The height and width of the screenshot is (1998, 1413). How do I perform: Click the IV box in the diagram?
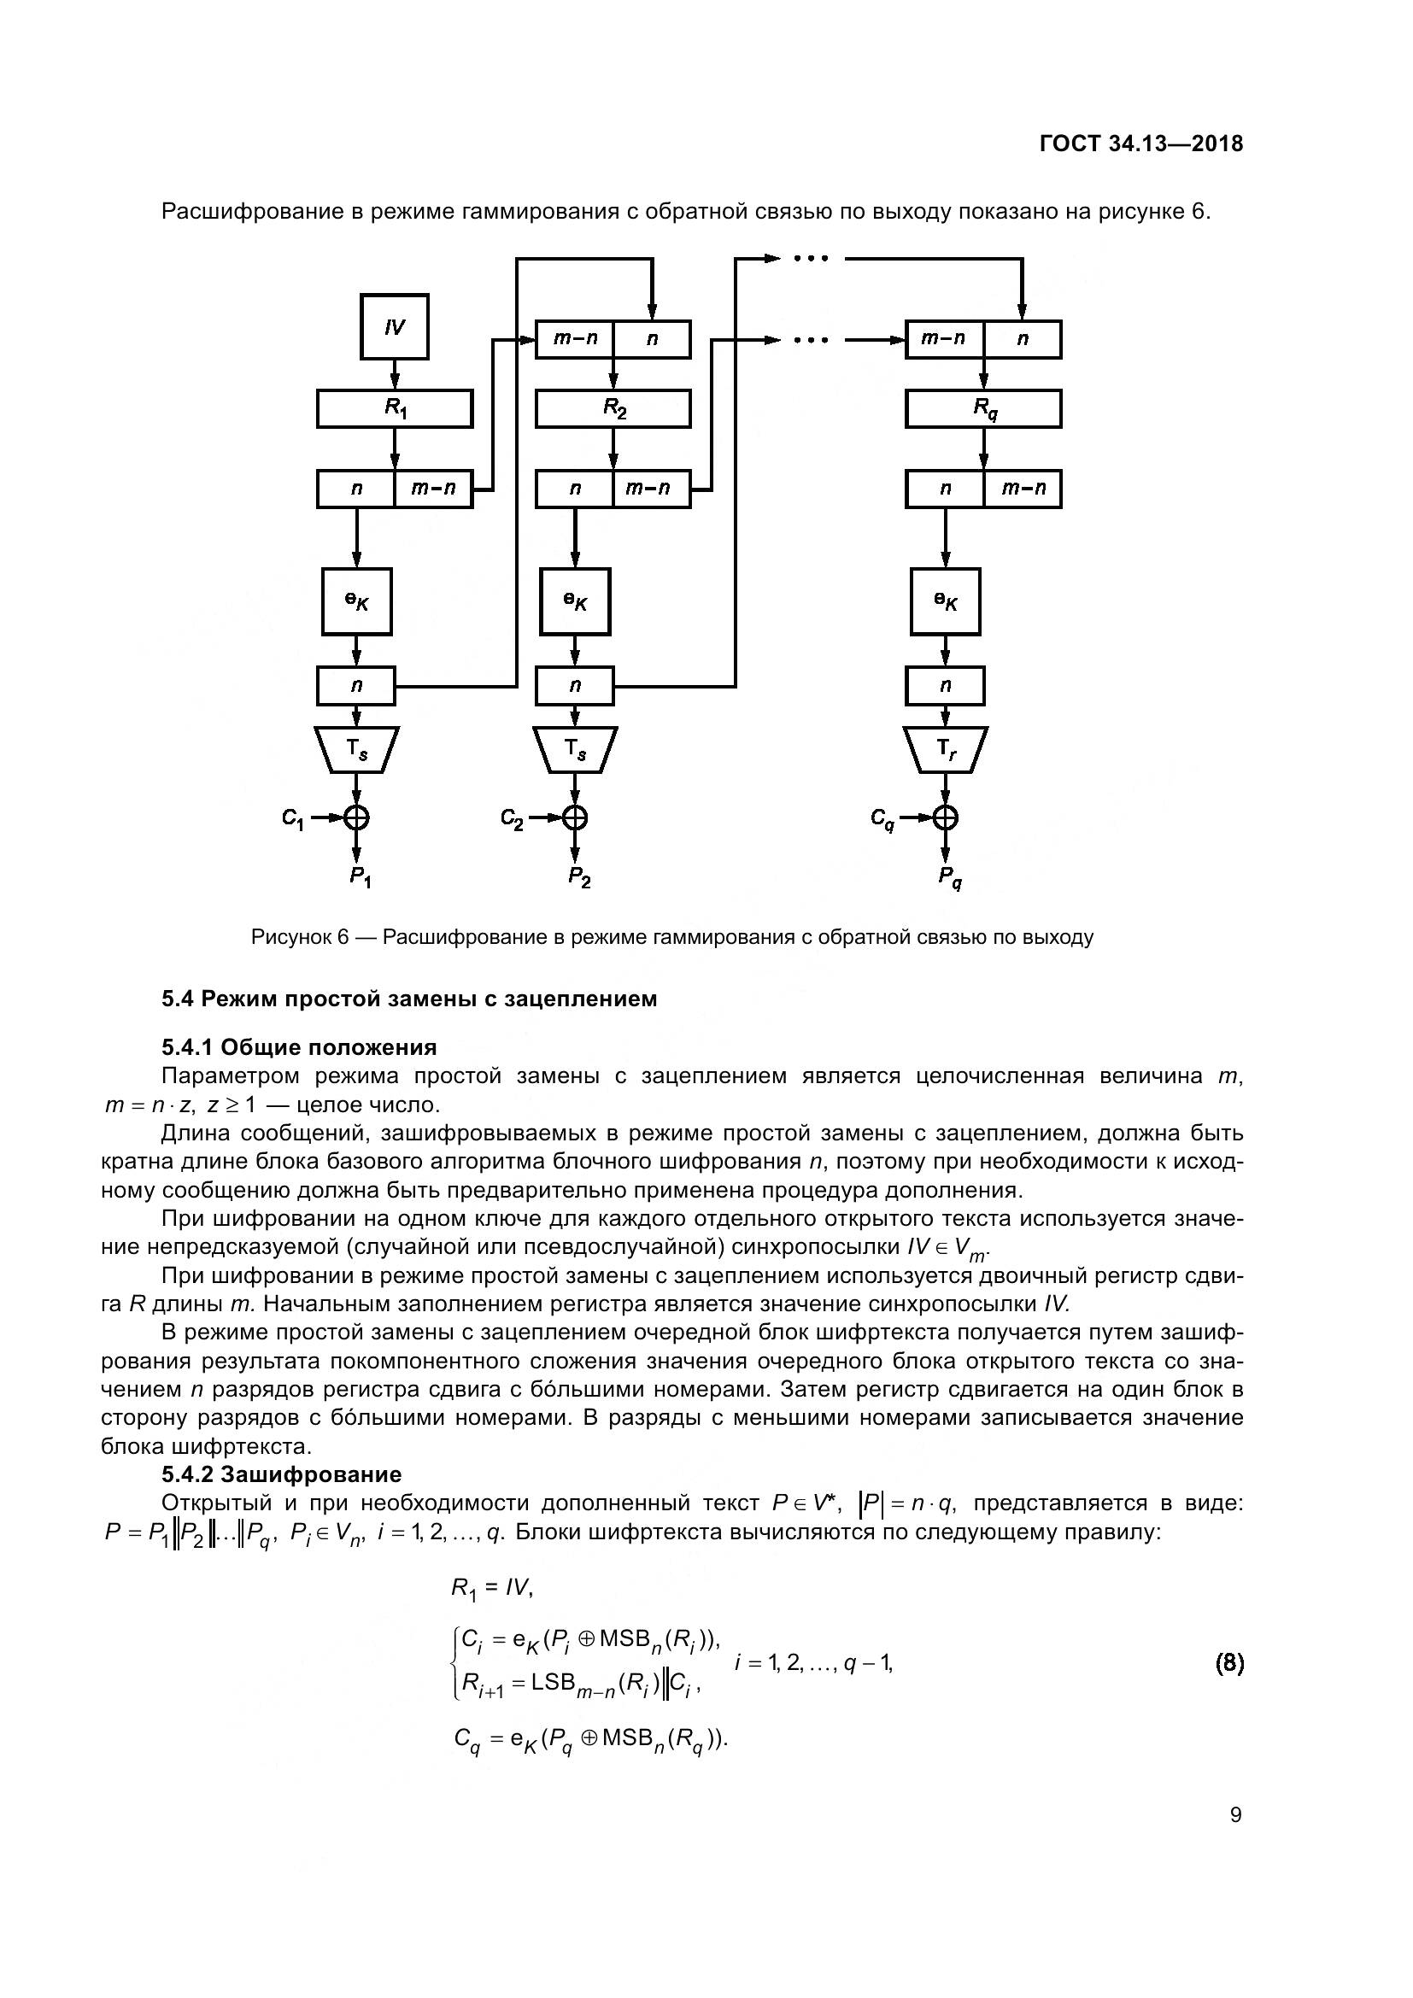click(x=394, y=327)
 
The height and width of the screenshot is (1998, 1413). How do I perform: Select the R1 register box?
click(x=394, y=408)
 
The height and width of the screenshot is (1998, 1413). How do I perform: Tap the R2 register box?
click(x=613, y=408)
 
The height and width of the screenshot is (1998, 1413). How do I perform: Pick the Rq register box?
click(x=983, y=408)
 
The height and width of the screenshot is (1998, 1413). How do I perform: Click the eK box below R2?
click(x=574, y=601)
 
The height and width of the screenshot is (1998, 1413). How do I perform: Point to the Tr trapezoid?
click(x=946, y=749)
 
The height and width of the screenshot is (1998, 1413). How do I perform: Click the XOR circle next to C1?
click(x=357, y=817)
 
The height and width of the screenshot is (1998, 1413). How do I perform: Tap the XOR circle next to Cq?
click(x=946, y=817)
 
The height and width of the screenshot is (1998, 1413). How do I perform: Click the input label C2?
click(x=512, y=818)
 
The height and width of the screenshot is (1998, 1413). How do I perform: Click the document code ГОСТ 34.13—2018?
click(x=1140, y=144)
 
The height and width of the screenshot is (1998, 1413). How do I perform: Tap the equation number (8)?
click(x=1228, y=1664)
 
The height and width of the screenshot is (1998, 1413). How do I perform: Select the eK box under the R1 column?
click(x=357, y=601)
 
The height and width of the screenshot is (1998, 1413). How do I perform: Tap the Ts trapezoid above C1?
click(x=357, y=749)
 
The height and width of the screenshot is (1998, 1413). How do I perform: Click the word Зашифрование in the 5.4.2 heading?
click(x=311, y=1475)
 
